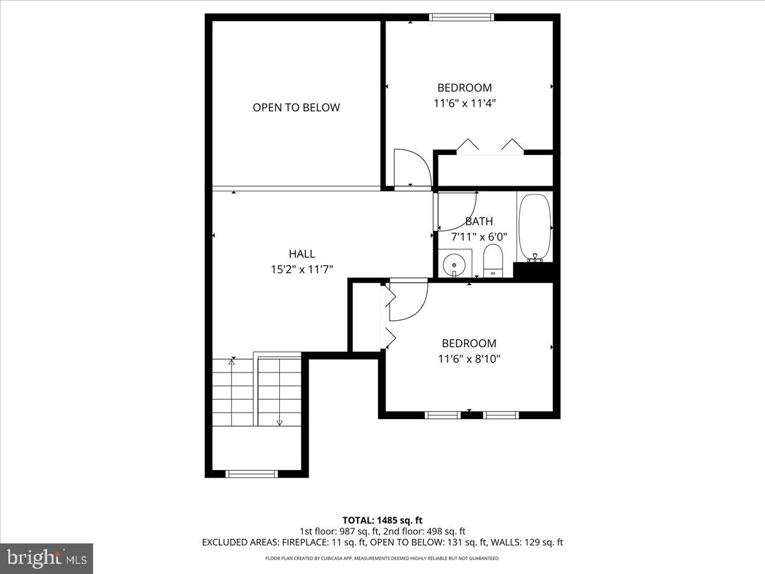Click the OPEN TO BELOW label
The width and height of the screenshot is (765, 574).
[296, 107]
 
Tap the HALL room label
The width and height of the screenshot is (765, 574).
[302, 254]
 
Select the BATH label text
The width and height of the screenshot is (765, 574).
[479, 221]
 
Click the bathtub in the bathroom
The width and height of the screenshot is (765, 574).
[534, 228]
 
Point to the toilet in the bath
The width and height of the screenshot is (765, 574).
[493, 262]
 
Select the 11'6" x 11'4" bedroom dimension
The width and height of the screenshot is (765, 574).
[464, 103]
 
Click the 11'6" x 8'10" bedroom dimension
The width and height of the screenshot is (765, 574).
[469, 359]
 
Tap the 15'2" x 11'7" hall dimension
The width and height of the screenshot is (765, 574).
[302, 270]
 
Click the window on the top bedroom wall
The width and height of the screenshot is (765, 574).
[462, 17]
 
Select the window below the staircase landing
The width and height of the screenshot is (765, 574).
[252, 473]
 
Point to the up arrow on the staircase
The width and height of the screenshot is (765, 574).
[231, 362]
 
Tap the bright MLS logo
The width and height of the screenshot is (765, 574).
[47, 558]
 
